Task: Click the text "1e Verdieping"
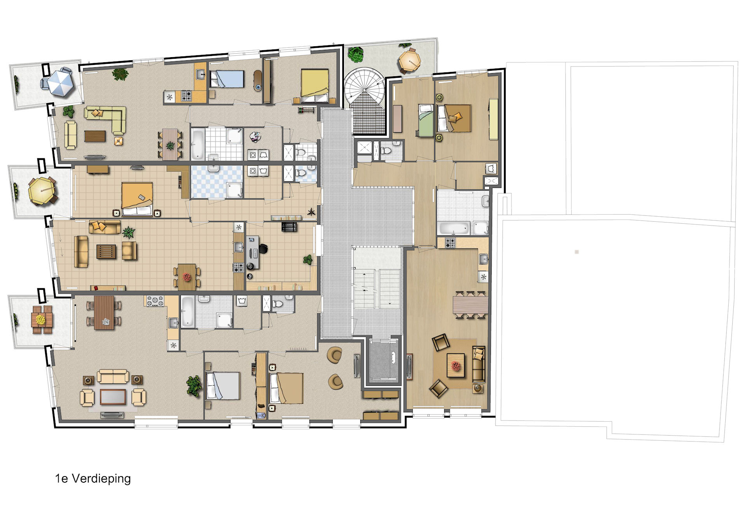pyautogui.click(x=93, y=479)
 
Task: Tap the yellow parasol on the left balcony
pyautogui.click(x=42, y=191)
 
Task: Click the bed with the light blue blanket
pyautogui.click(x=227, y=79)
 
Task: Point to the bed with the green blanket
pyautogui.click(x=426, y=120)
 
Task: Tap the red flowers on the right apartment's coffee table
pyautogui.click(x=456, y=365)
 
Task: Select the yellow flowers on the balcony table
pyautogui.click(x=40, y=320)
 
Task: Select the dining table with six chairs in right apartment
pyautogui.click(x=470, y=305)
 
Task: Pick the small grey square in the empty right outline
pyautogui.click(x=577, y=252)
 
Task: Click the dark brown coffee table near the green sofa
pyautogui.click(x=95, y=136)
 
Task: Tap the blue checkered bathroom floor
pyautogui.click(x=216, y=182)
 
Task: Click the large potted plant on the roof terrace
pyautogui.click(x=355, y=54)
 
